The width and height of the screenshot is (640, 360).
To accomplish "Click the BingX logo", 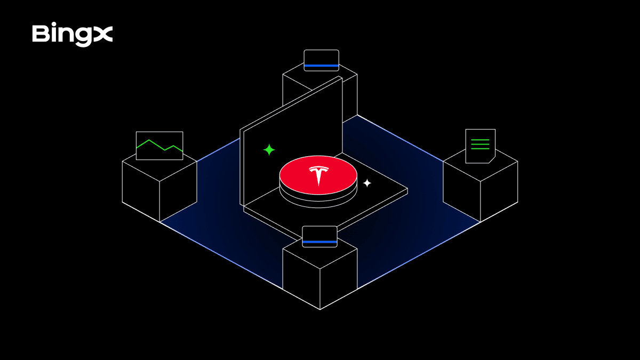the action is [73, 34].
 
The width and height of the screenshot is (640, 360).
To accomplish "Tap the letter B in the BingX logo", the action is [41, 34].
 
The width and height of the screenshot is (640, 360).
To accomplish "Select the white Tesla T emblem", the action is [318, 175].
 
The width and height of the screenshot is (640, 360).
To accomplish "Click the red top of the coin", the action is [318, 175].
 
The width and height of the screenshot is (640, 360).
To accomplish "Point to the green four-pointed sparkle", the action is [269, 150].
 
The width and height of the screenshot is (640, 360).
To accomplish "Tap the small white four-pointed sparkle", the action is [367, 183].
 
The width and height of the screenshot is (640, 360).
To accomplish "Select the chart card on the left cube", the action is [159, 146].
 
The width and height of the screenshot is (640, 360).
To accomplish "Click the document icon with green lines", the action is [481, 146].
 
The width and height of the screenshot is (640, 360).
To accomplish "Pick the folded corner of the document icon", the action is [492, 160].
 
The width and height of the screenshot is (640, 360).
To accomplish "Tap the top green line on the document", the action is [480, 140].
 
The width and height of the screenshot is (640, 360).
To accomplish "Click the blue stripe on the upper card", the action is [322, 66].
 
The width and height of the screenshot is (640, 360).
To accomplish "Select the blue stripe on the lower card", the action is [319, 242].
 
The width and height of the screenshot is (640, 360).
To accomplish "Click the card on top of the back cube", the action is [322, 60].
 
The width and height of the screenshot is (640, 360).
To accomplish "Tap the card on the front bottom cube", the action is [319, 237].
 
